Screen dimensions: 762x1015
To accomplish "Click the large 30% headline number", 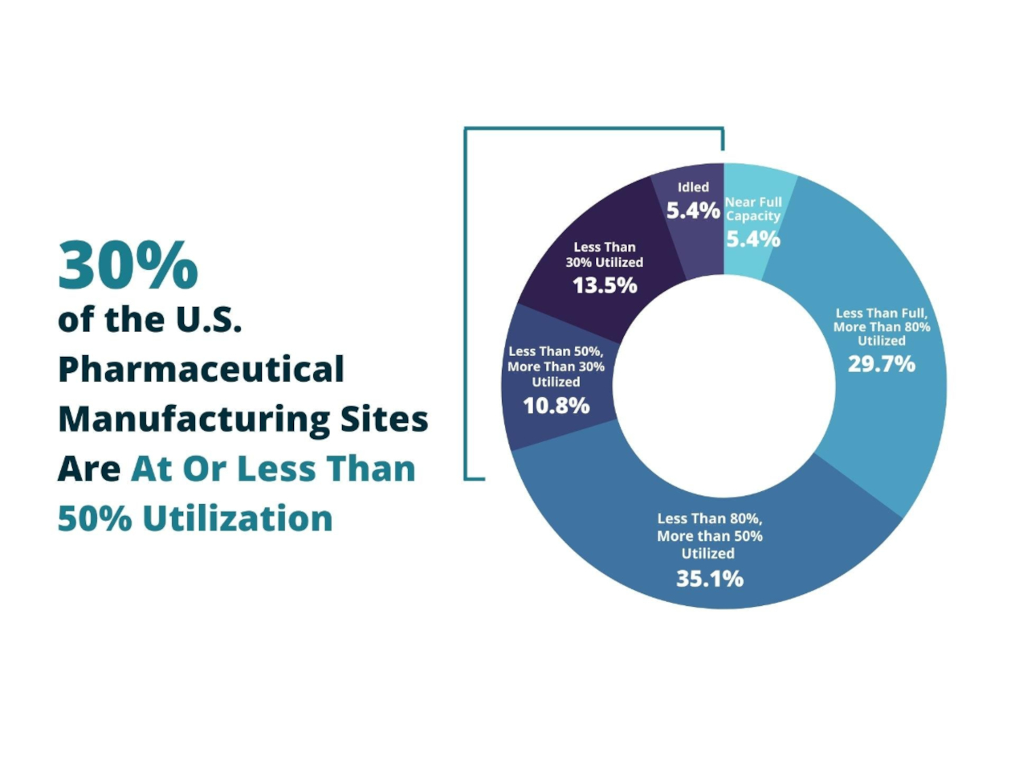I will pyautogui.click(x=128, y=266).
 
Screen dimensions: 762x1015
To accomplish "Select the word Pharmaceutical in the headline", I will pyautogui.click(x=201, y=371).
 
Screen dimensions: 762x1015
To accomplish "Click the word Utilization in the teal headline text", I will pyautogui.click(x=238, y=518).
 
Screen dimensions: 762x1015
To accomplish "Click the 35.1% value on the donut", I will pyautogui.click(x=709, y=578).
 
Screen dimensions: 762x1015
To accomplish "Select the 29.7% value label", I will pyautogui.click(x=881, y=364).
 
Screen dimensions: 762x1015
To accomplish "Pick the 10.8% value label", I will pyautogui.click(x=556, y=406).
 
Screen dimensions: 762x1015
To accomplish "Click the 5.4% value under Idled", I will pyautogui.click(x=693, y=211).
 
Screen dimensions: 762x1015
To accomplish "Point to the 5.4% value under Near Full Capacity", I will pyautogui.click(x=752, y=239).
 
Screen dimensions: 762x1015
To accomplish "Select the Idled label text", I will pyautogui.click(x=693, y=187).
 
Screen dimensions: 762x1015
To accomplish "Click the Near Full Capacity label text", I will pyautogui.click(x=753, y=209).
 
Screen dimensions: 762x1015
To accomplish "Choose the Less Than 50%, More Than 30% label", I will pyautogui.click(x=556, y=367).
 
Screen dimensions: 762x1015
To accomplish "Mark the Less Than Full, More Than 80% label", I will pyautogui.click(x=881, y=326).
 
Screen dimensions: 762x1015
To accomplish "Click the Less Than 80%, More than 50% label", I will pyautogui.click(x=709, y=535).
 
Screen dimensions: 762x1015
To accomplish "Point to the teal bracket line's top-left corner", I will pyautogui.click(x=466, y=129).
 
